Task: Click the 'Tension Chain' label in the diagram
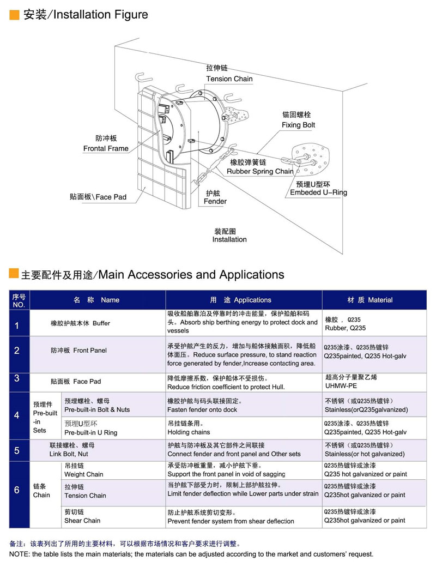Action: click(x=229, y=79)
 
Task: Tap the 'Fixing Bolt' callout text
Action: click(x=298, y=125)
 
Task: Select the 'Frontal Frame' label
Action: click(x=106, y=148)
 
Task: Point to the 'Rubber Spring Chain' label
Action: click(x=260, y=171)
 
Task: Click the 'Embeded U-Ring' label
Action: click(x=318, y=192)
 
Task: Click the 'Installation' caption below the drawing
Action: click(x=229, y=239)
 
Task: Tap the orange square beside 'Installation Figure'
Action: click(x=14, y=15)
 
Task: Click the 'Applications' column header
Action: click(x=240, y=300)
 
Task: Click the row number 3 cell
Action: click(x=17, y=378)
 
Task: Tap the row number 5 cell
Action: click(x=17, y=450)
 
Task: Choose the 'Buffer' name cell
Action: click(x=80, y=323)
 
